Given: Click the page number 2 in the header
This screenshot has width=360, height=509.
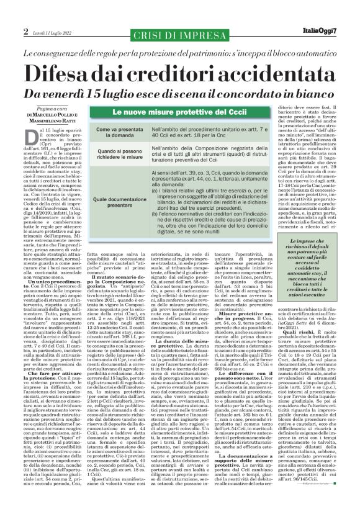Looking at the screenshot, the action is click(26, 31).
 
